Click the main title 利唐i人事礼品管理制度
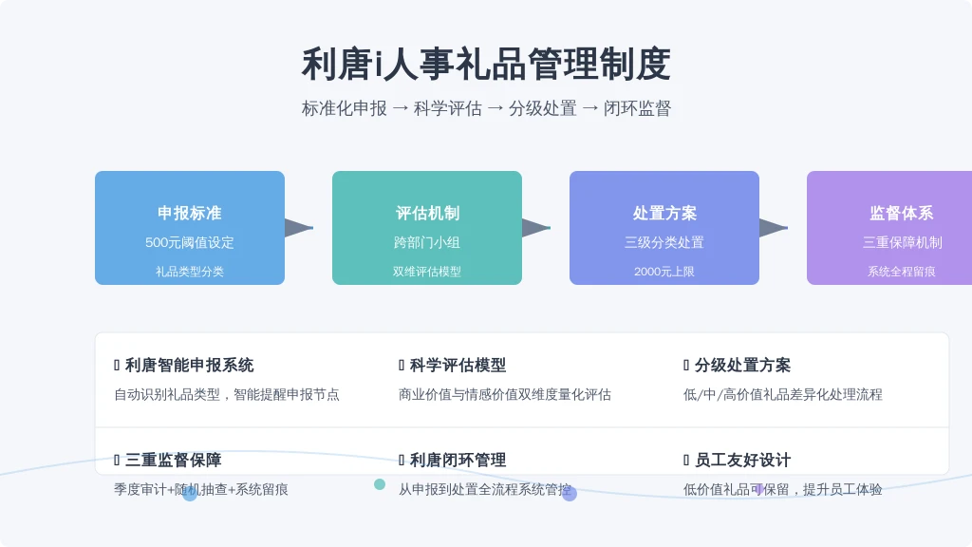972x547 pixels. tap(486, 64)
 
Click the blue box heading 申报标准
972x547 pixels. tap(190, 214)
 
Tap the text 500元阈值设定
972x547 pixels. tap(190, 242)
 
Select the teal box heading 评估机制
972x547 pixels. tap(427, 214)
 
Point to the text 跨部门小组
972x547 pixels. tap(427, 242)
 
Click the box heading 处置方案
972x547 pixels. tap(664, 214)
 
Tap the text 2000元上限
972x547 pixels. tap(664, 272)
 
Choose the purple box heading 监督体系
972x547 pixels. tap(902, 214)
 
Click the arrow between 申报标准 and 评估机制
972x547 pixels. tap(299, 228)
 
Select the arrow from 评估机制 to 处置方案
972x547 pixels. tap(536, 228)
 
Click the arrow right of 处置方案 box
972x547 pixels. tap(774, 228)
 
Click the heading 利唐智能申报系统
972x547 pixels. tap(190, 366)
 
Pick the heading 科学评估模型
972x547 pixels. tap(458, 366)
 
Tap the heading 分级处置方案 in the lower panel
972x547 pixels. tap(742, 366)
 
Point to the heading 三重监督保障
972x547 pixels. tap(174, 461)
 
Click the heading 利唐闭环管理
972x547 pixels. tap(458, 461)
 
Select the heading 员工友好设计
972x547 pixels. tap(742, 461)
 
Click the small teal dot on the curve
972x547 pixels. tap(380, 484)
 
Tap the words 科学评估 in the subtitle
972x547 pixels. tap(448, 108)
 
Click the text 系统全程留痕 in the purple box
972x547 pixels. tap(902, 272)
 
